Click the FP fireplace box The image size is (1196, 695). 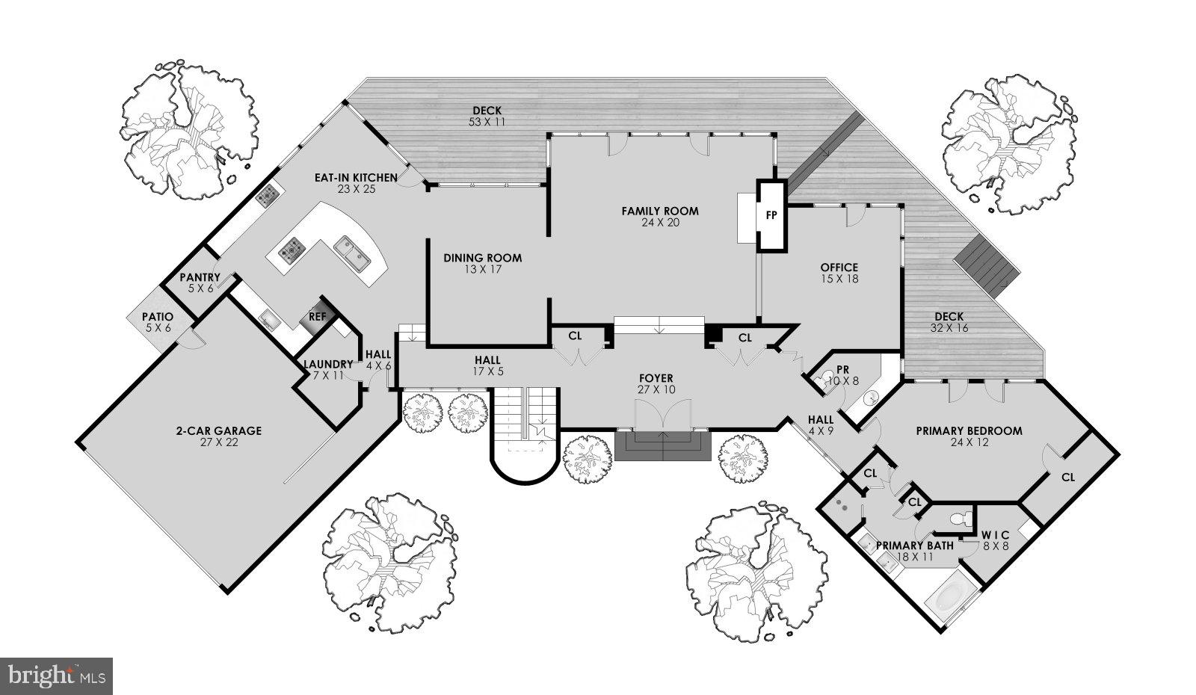tap(771, 215)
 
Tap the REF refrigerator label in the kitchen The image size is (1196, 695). tap(318, 317)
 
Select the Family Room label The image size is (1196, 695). tap(660, 217)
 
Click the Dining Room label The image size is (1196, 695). tap(482, 263)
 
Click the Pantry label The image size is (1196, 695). tap(200, 282)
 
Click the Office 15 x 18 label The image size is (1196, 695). tap(839, 273)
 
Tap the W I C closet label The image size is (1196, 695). tap(996, 540)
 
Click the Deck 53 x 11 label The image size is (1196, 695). tap(486, 116)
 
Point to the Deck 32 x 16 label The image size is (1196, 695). tap(949, 322)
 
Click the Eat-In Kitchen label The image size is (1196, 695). tap(355, 182)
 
